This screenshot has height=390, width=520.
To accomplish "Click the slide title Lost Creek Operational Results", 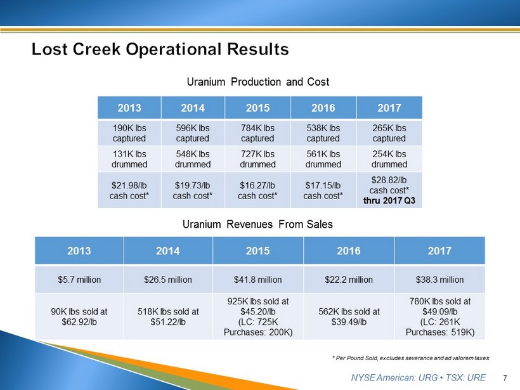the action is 160,49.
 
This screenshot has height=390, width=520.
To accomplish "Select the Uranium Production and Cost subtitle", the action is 258,82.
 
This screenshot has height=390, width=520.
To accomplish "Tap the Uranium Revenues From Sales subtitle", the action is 257,224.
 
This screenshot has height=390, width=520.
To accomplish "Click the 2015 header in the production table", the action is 257,108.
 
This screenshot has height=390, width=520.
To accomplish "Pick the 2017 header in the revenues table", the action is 439,250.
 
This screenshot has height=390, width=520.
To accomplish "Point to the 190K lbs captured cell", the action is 129,133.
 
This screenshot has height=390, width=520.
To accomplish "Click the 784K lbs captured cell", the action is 257,133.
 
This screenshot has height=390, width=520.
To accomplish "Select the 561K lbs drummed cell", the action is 323,159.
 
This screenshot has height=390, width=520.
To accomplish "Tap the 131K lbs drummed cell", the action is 129,159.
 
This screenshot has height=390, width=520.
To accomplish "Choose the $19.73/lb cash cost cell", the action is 193,190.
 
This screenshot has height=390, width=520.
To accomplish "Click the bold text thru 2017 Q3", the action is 389,200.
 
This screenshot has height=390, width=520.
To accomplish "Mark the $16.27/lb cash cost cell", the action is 257,190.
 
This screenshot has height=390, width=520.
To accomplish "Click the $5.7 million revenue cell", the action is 79,279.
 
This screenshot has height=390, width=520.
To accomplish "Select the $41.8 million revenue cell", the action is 257,279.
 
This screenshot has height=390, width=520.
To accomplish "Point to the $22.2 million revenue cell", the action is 349,279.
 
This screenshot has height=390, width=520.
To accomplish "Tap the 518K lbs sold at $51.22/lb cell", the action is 168,316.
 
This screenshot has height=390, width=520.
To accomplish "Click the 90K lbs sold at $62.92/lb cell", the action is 79,316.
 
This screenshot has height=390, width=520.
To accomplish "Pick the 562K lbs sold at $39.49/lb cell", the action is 349,316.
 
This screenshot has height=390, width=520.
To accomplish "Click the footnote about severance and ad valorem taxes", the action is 410,358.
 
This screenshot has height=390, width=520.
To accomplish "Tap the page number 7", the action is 505,378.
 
